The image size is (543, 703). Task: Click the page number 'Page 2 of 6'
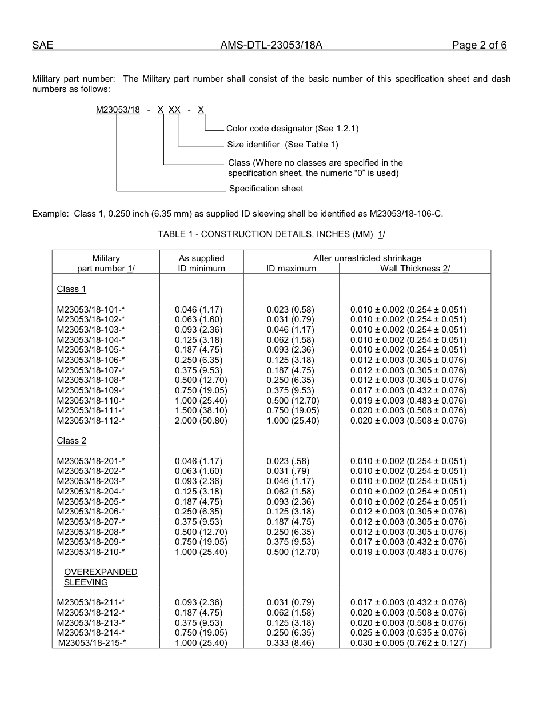[479, 46]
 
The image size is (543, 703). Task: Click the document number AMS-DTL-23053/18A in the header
[271, 46]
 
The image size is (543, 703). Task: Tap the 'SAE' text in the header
[42, 46]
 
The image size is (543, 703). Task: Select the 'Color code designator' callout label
[292, 129]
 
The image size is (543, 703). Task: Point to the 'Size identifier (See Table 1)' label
[282, 145]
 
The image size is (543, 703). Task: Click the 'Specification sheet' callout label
[266, 189]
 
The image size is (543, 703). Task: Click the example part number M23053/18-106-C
[406, 214]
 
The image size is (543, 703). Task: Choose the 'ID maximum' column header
[291, 269]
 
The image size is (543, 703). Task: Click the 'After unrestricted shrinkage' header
[367, 258]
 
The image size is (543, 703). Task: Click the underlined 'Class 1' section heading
[71, 289]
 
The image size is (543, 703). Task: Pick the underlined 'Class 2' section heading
[71, 441]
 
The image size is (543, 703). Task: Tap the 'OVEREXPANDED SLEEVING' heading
[101, 577]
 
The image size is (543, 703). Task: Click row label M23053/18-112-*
[91, 421]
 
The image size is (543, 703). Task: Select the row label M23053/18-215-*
[92, 643]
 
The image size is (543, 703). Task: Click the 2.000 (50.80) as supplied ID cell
[201, 421]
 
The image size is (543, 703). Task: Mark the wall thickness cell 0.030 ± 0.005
[408, 643]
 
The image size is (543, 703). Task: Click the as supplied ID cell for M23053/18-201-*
[198, 461]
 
